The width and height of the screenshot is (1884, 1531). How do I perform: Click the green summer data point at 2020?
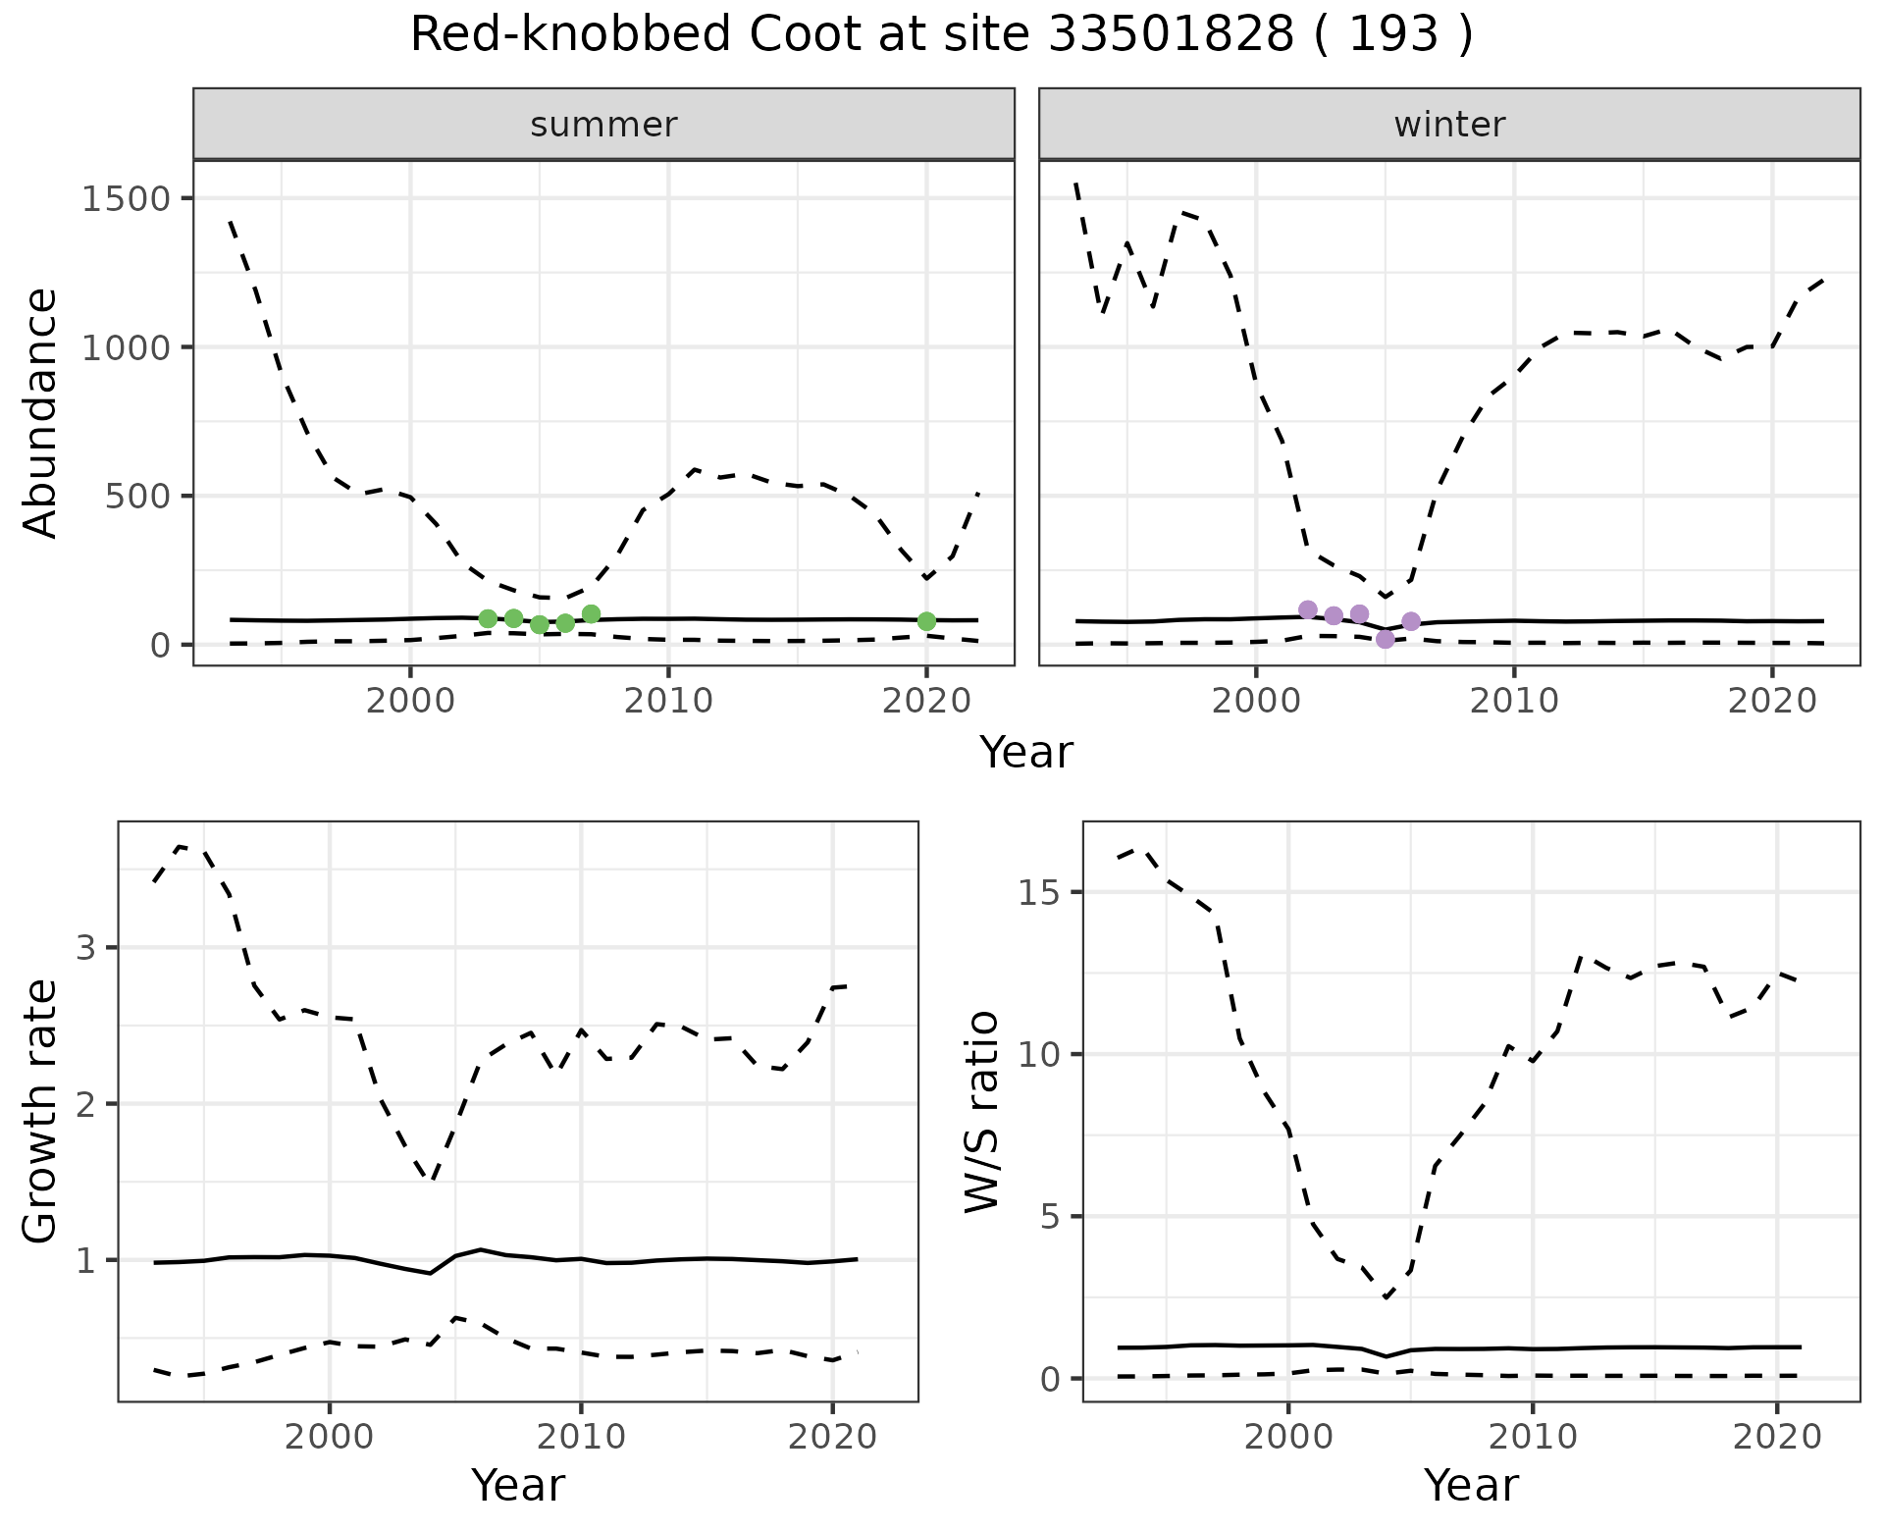click(926, 621)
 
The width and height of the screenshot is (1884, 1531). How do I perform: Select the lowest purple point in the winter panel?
click(1385, 639)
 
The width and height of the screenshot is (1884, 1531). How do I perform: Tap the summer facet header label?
click(603, 125)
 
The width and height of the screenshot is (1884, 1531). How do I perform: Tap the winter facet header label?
click(1449, 125)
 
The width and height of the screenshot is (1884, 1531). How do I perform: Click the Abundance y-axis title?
click(41, 412)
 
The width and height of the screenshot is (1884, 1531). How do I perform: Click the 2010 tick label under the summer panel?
click(668, 701)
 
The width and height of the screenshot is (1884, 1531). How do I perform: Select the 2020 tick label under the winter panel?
click(1772, 701)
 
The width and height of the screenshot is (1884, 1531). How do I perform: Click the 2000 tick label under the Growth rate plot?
click(330, 1437)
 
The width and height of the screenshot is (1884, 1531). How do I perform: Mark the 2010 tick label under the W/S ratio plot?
click(1533, 1437)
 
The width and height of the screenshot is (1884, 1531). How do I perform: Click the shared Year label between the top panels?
click(1026, 753)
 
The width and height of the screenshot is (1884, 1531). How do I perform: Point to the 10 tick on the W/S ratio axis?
click(1044, 1054)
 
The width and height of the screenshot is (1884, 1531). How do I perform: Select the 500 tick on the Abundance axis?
click(137, 496)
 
